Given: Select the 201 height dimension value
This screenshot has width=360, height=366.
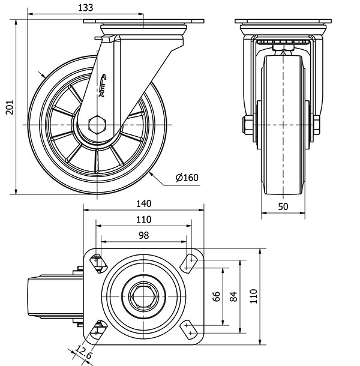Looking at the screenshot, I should tap(8, 107).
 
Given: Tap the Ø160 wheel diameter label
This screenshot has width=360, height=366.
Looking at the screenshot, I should tap(187, 177).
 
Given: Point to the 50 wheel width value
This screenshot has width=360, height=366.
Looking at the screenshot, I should tap(284, 206).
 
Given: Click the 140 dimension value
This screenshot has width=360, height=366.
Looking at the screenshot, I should tap(143, 203).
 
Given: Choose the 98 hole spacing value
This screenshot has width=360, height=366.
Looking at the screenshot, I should tap(143, 236).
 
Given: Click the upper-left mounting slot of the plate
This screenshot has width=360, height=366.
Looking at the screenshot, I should tap(97, 262).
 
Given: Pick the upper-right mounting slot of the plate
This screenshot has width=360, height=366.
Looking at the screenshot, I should tap(191, 261).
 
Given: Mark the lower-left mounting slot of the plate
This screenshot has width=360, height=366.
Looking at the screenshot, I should tap(97, 329).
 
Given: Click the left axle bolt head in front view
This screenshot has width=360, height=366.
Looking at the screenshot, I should tap(247, 125).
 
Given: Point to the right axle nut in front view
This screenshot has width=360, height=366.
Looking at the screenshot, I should tap(316, 125).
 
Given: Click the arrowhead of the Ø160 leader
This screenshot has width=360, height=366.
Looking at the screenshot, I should tap(152, 173).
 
